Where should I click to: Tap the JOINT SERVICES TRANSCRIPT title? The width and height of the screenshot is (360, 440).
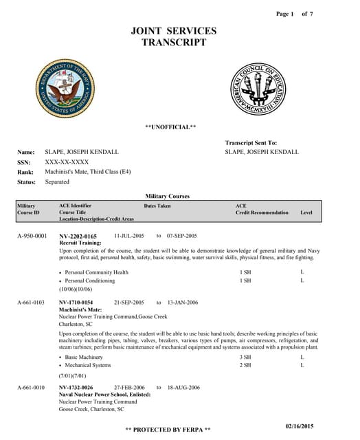point(173,36)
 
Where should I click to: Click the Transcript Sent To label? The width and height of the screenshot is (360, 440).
point(251,142)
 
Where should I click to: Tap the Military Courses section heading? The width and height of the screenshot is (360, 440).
point(168,196)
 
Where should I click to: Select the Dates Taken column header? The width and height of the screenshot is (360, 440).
point(157,206)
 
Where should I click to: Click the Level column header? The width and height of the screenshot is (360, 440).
point(306,212)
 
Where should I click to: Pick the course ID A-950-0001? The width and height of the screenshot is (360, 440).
point(32,236)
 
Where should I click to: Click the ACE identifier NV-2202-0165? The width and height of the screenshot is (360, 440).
point(78,236)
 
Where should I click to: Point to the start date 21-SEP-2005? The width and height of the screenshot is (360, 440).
point(128,302)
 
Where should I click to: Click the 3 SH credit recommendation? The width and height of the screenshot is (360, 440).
point(245,357)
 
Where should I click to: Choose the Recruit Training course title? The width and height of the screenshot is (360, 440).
point(78,243)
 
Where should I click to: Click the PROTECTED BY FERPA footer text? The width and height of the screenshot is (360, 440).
point(168,430)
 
